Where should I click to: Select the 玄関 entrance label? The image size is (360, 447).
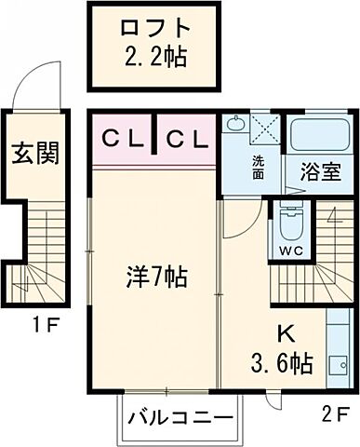point(34,153)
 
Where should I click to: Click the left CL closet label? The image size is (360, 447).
point(124,141)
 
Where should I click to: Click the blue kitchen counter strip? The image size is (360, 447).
point(336,354)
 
